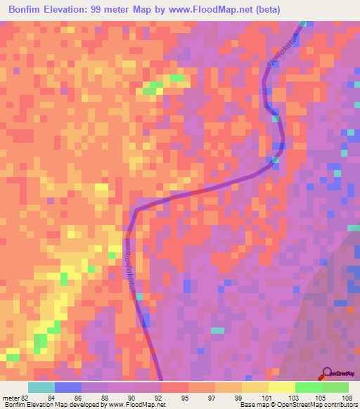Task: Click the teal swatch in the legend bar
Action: tap(41, 387)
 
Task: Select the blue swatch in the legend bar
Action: tap(68, 387)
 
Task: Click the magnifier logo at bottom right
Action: tap(327, 374)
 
